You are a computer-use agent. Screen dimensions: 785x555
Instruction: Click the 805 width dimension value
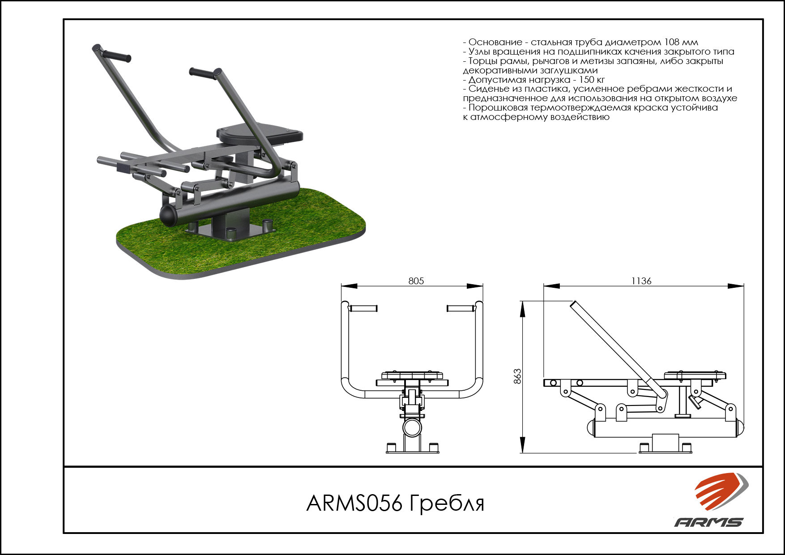(416, 281)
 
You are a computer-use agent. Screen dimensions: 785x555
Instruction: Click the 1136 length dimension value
(641, 281)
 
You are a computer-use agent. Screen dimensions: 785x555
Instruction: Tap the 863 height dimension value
(517, 376)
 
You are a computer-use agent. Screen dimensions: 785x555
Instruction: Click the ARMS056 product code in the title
(354, 503)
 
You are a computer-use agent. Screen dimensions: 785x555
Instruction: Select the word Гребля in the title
(447, 503)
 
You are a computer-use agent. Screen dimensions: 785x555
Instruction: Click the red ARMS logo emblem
(721, 491)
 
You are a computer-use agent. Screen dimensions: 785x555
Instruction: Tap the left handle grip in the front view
(363, 308)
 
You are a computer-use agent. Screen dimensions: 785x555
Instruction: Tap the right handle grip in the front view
(461, 308)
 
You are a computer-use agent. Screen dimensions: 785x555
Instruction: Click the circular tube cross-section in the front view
(412, 427)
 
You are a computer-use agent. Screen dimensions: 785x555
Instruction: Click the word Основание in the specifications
(495, 43)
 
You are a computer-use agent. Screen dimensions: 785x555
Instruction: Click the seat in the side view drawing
(695, 376)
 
